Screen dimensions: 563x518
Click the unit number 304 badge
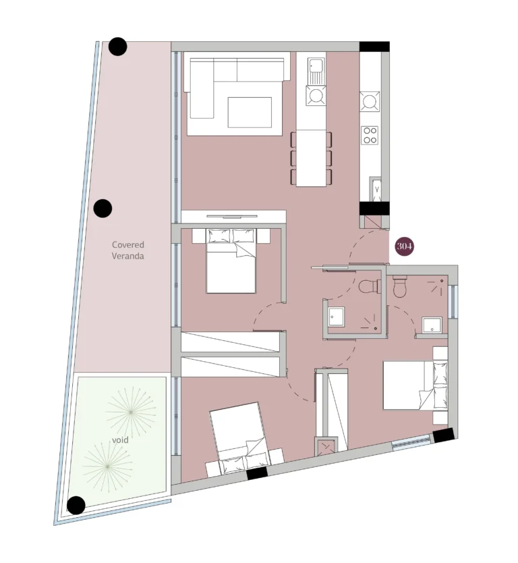(x=404, y=246)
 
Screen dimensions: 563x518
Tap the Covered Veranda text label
(x=128, y=250)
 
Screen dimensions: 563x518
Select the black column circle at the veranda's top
(x=118, y=47)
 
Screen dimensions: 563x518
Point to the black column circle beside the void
(x=76, y=505)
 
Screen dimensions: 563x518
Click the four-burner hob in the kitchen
(x=370, y=135)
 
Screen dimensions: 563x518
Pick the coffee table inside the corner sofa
(x=249, y=112)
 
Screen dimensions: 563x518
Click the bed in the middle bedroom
(x=231, y=261)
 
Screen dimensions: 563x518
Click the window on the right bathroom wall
(x=453, y=300)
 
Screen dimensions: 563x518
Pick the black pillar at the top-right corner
(x=374, y=47)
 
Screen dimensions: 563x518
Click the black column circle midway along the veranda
(x=103, y=209)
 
